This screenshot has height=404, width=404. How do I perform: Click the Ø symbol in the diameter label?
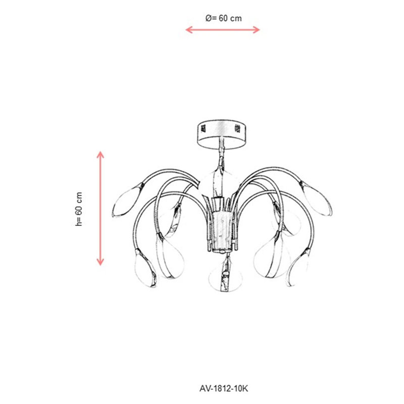pyautogui.click(x=208, y=18)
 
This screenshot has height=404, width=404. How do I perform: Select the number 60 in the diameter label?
pyautogui.click(x=223, y=18)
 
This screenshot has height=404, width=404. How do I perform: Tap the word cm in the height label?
pyautogui.click(x=79, y=198)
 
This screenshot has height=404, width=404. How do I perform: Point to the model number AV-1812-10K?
pyautogui.click(x=224, y=388)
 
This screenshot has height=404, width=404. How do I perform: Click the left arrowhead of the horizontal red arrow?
pyautogui.click(x=189, y=30)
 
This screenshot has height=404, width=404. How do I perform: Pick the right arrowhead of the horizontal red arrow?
pyautogui.click(x=256, y=30)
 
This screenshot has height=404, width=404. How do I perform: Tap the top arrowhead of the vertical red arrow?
pyautogui.click(x=100, y=155)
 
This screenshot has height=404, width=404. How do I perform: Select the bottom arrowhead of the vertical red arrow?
pyautogui.click(x=100, y=262)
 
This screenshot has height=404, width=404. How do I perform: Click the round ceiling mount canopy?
pyautogui.click(x=222, y=134)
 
